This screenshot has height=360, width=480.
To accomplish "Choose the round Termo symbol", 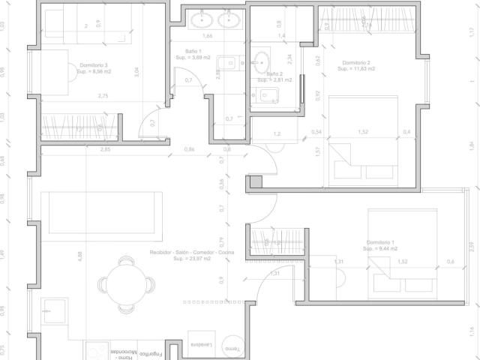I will click(x=232, y=346).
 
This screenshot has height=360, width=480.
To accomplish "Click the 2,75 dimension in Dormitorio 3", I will click(x=103, y=96).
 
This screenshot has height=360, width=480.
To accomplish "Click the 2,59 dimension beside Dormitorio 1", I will click(x=470, y=246).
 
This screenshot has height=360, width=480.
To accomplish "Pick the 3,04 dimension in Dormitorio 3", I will click(x=136, y=73).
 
